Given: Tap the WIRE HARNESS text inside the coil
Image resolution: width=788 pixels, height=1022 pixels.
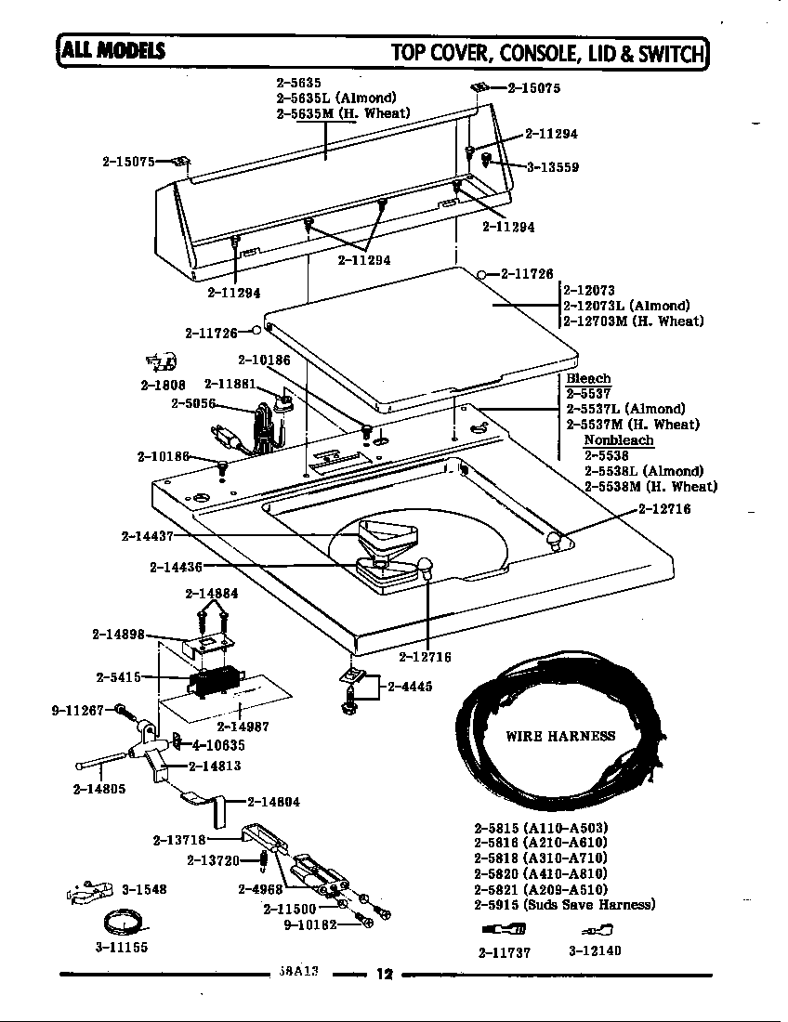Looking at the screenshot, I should [x=559, y=736].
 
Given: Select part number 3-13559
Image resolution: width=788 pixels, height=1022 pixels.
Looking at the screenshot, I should [x=552, y=167].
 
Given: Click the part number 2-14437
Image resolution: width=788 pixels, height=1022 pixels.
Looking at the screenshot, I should [x=147, y=536].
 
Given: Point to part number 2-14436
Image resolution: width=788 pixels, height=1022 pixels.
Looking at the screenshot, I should [x=176, y=567].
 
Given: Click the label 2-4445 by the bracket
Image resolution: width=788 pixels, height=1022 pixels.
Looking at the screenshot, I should [x=410, y=687].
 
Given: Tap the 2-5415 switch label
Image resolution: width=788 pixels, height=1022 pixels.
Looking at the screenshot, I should [x=118, y=677].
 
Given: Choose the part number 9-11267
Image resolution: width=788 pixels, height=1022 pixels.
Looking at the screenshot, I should [x=78, y=711].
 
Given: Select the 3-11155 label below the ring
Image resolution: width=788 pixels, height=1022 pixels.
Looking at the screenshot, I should [x=121, y=948].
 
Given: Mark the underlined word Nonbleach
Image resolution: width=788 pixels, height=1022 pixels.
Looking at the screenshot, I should [x=618, y=440].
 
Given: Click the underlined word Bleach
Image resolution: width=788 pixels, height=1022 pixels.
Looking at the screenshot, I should [x=588, y=378].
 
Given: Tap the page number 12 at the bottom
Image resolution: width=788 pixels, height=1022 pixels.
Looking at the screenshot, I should [x=384, y=975].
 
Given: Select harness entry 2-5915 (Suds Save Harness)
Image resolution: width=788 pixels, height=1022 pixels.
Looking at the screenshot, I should [x=564, y=904].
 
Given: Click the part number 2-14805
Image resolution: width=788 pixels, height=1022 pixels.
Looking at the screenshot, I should [x=98, y=789].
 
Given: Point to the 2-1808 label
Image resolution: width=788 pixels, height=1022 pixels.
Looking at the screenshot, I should [x=163, y=385].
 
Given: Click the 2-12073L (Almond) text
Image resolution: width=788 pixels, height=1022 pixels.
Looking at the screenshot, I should [x=626, y=306].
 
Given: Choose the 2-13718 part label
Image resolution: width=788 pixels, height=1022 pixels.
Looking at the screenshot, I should [x=178, y=841].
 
